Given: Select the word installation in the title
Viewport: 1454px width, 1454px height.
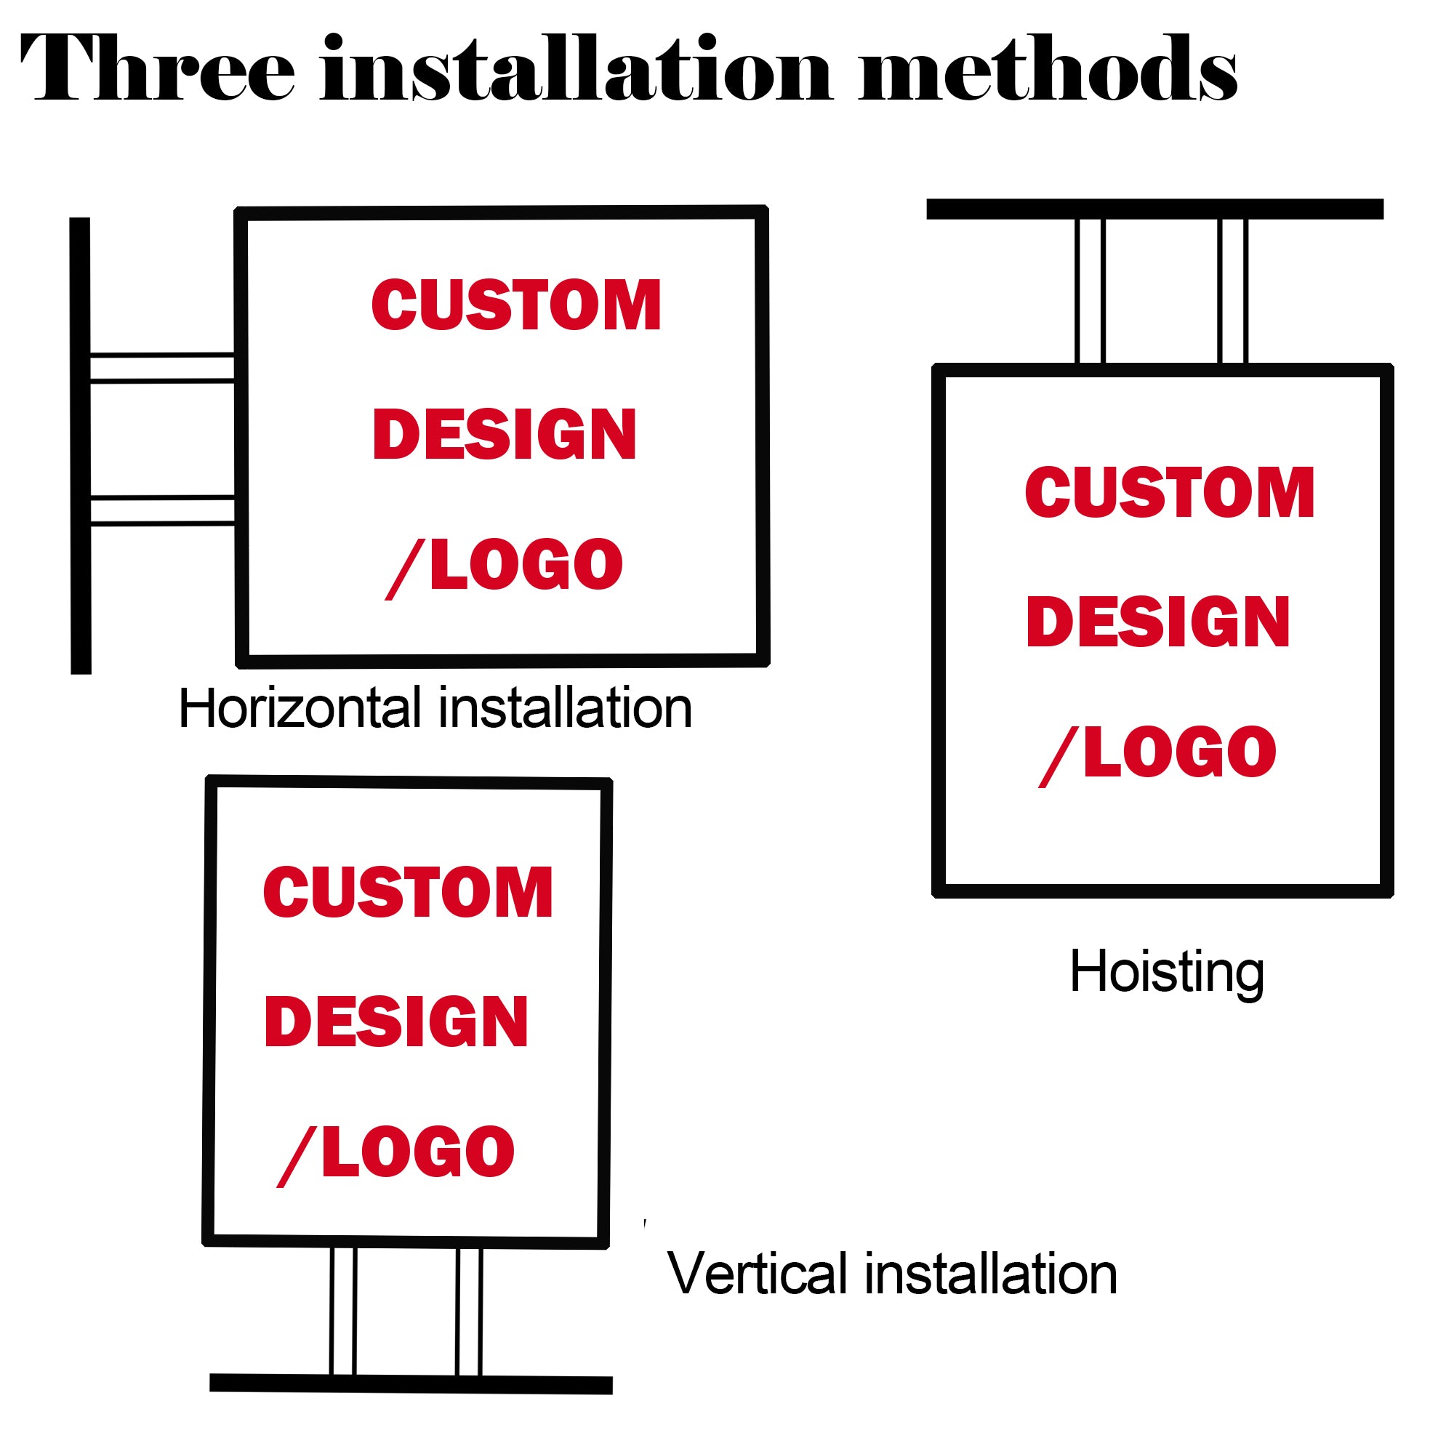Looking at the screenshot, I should point(576,69).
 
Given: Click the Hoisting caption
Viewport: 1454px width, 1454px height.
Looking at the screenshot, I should point(1167,972).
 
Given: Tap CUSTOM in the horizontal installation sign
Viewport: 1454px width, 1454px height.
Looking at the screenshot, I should point(516,305).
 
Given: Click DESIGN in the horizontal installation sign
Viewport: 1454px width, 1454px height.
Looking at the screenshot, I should point(505,434).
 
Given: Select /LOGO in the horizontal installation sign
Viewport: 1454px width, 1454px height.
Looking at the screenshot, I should point(505,566).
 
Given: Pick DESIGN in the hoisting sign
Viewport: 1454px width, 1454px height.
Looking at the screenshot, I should point(1157,621).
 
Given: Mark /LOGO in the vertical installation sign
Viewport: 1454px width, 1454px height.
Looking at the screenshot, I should point(396,1153).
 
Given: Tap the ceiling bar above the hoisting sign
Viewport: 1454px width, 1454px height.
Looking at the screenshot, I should point(1154,209).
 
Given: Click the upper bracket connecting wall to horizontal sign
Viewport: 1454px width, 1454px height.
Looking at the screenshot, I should point(162,367).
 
